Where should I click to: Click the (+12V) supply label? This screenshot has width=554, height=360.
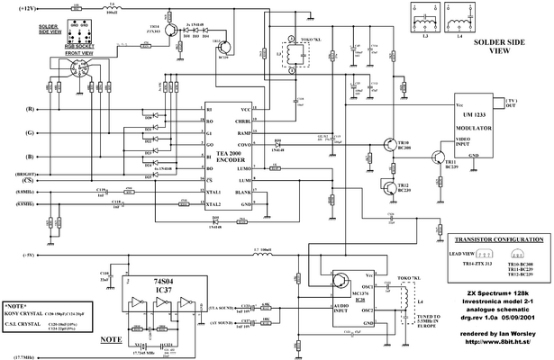click(x=20, y=8)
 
